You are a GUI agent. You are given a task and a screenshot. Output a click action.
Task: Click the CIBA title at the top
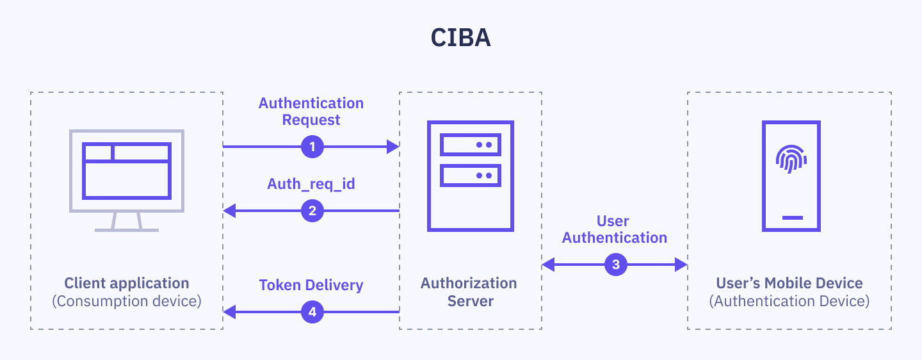click(460, 38)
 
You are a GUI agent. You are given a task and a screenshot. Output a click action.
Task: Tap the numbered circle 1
click(312, 147)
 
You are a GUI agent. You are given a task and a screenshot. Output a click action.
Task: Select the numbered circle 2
click(312, 210)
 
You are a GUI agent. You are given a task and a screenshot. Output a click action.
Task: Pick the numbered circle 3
click(615, 264)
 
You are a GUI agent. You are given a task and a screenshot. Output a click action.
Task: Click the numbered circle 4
click(312, 312)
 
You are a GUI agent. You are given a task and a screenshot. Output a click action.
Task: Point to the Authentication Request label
click(311, 111)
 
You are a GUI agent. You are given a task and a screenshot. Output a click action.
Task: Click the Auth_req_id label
click(311, 184)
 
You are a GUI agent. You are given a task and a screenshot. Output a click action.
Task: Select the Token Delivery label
click(311, 285)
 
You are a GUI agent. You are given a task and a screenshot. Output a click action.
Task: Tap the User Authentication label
click(614, 229)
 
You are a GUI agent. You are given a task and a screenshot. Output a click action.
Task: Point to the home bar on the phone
click(792, 217)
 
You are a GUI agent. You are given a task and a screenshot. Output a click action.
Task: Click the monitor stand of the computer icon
click(127, 222)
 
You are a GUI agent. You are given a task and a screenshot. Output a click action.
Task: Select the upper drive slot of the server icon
click(470, 145)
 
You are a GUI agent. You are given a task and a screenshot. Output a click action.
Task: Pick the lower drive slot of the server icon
click(470, 175)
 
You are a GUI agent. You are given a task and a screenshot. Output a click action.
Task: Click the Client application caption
click(127, 283)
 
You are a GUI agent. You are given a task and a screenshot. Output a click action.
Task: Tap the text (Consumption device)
click(127, 301)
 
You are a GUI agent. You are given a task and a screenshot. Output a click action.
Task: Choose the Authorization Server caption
click(469, 291)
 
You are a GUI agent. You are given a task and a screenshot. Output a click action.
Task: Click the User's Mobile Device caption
click(789, 283)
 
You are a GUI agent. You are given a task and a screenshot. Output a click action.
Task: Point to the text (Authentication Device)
click(789, 301)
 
